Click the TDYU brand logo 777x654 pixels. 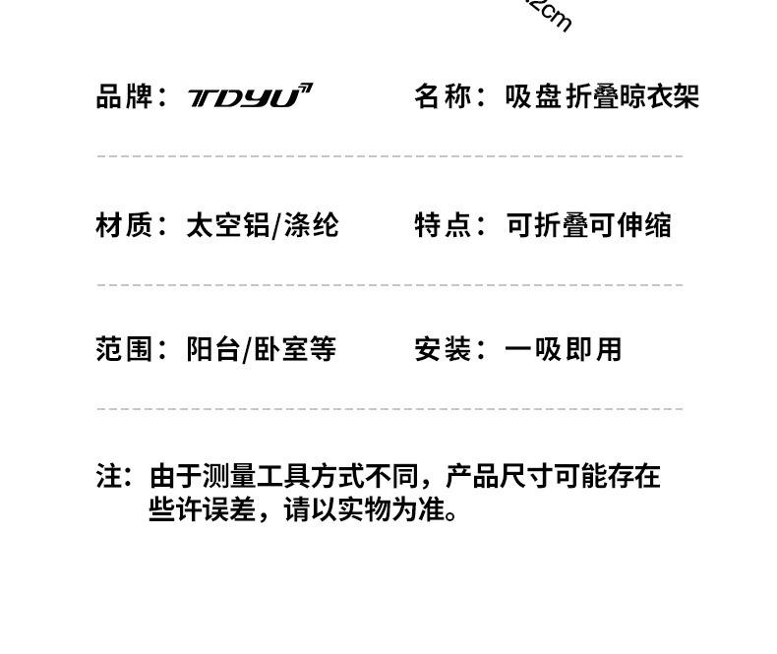[250, 96]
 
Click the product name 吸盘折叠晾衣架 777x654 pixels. [602, 96]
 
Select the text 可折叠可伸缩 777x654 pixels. [588, 225]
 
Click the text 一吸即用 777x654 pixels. [563, 349]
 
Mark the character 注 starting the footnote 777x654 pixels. [108, 477]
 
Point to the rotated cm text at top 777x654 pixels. [550, 15]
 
